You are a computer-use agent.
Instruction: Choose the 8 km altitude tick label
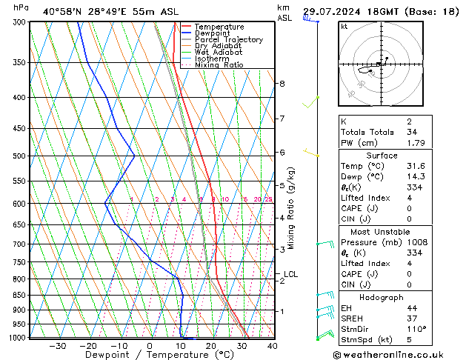click(282, 84)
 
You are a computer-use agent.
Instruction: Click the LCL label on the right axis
click(290, 274)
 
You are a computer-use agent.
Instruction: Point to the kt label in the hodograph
click(344, 27)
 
